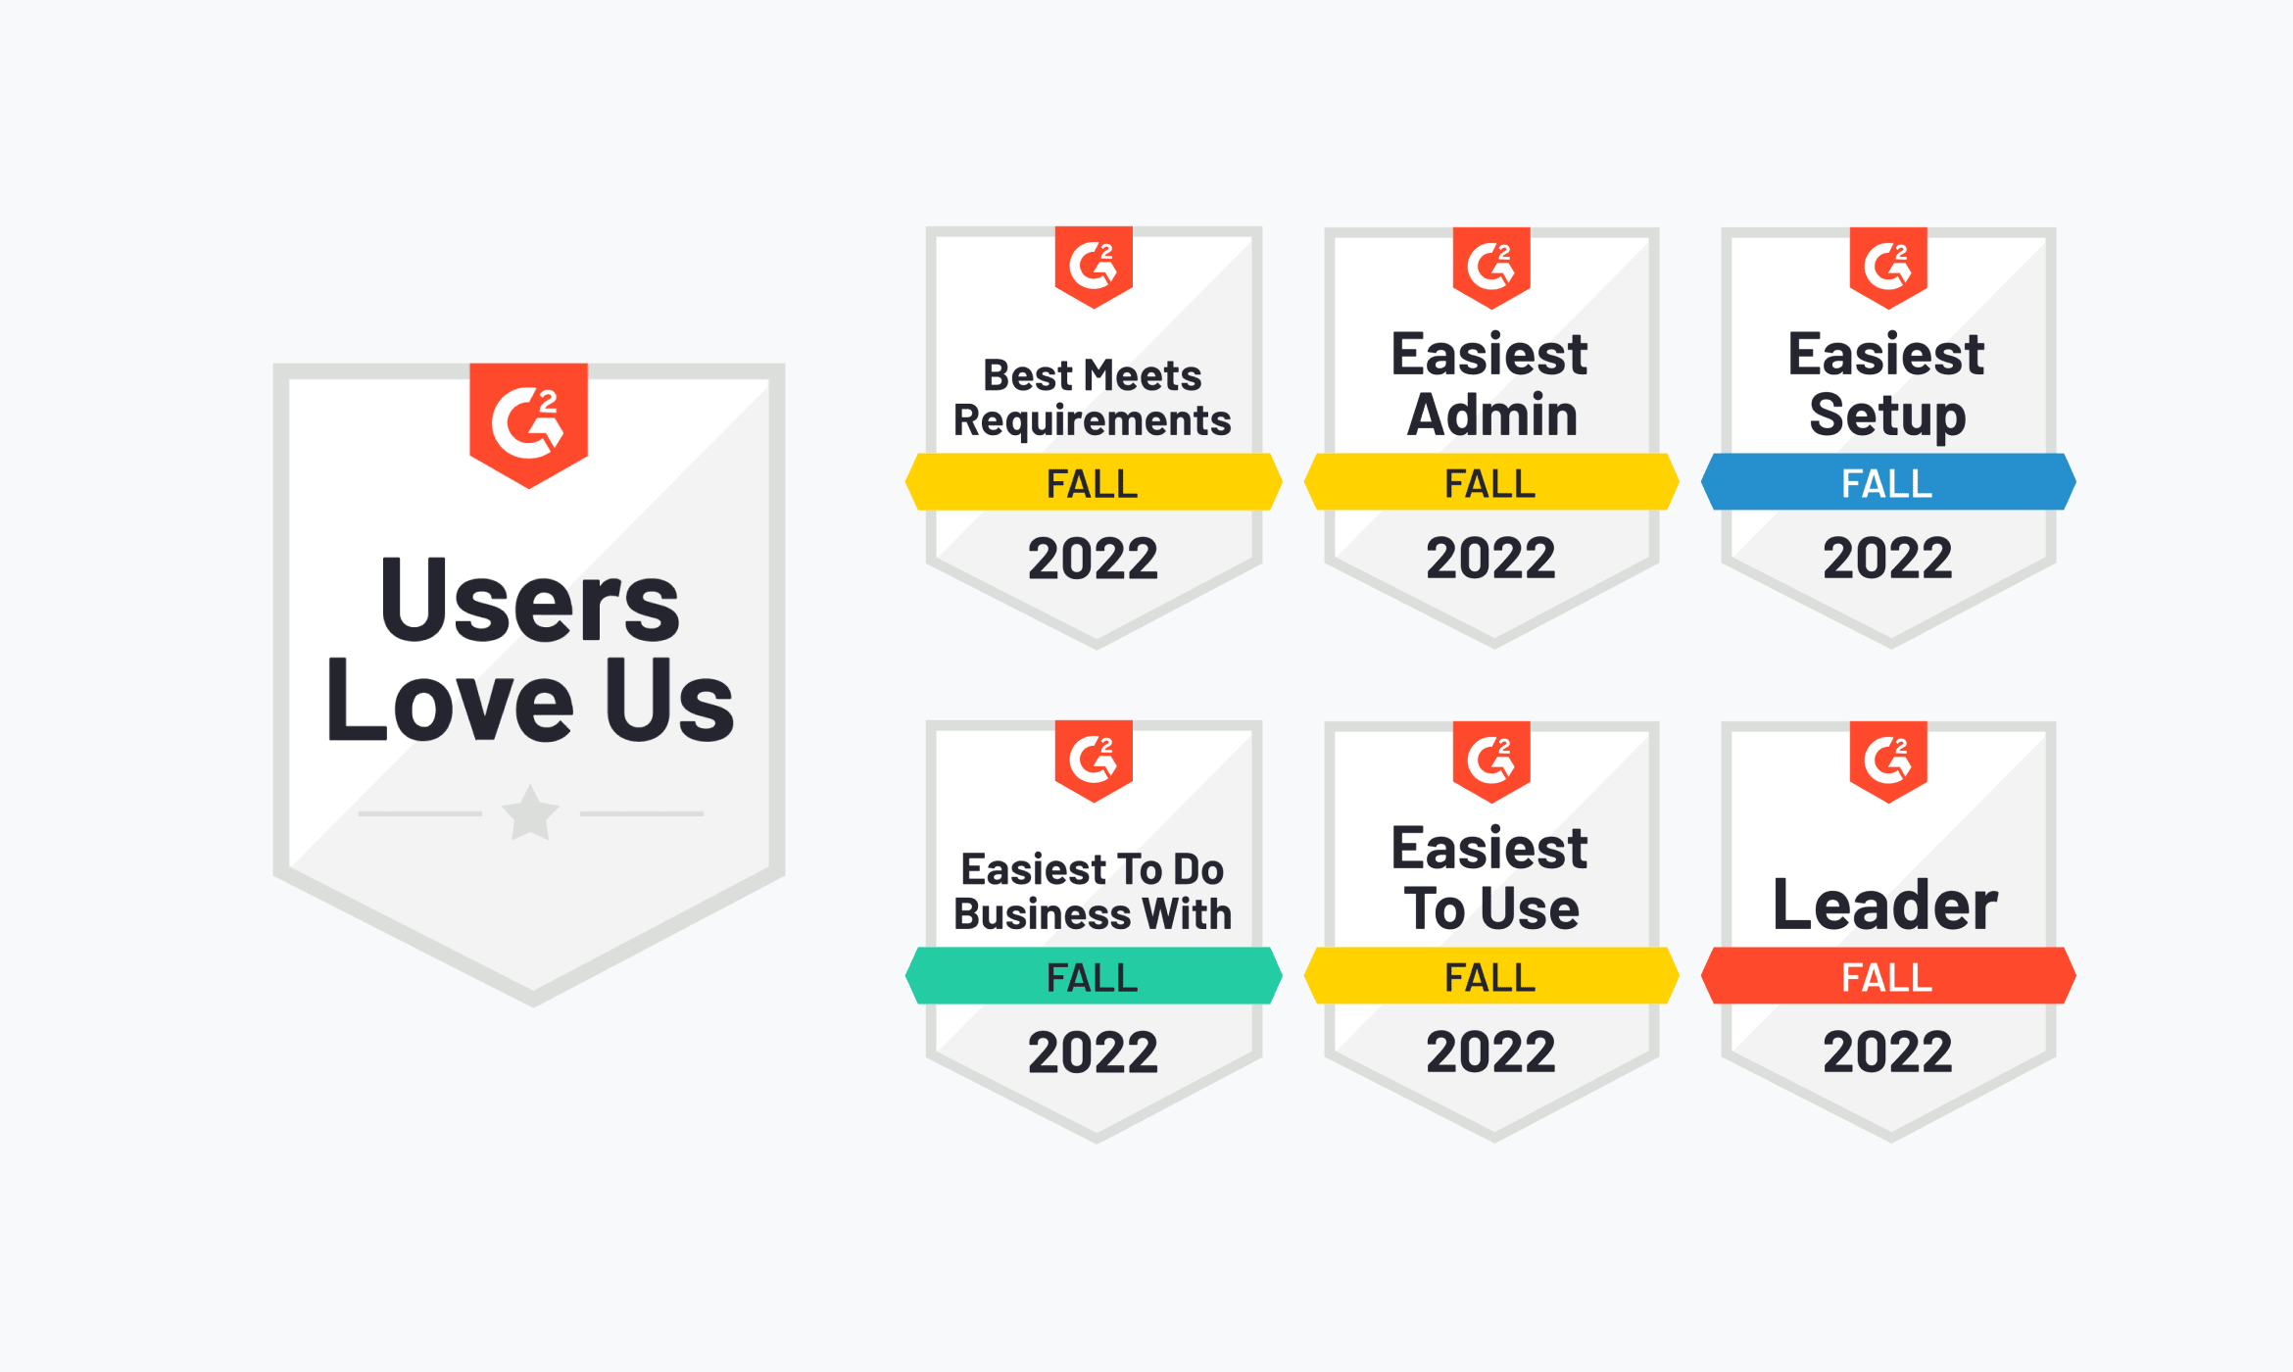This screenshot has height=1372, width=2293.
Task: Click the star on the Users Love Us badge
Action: pos(530,813)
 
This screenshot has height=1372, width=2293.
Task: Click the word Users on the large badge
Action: pos(529,600)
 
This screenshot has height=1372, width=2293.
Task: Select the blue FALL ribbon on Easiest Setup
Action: pos(1888,482)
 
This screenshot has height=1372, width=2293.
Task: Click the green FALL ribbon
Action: pos(1094,976)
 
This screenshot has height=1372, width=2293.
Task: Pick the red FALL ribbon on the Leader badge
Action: pos(1888,976)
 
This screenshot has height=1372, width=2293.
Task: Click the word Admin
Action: pos(1492,415)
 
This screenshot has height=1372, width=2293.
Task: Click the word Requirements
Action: pos(1093,421)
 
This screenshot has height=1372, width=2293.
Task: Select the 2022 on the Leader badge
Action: pos(1887,1053)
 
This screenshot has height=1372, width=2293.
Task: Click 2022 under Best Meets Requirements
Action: pos(1093,559)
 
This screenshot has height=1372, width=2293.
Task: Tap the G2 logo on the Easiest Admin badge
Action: pos(1491,268)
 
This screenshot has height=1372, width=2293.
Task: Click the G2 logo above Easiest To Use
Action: pos(1491,761)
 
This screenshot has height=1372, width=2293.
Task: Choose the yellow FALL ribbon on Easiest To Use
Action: pos(1491,976)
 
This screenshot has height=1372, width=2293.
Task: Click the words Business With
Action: pos(1093,913)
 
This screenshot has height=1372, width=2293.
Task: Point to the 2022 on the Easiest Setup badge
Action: pos(1887,559)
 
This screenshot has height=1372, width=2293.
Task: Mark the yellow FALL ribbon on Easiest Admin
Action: pos(1491,482)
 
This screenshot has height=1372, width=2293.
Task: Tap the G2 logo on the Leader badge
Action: pos(1888,761)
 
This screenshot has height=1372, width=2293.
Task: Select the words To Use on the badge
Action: pos(1491,908)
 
